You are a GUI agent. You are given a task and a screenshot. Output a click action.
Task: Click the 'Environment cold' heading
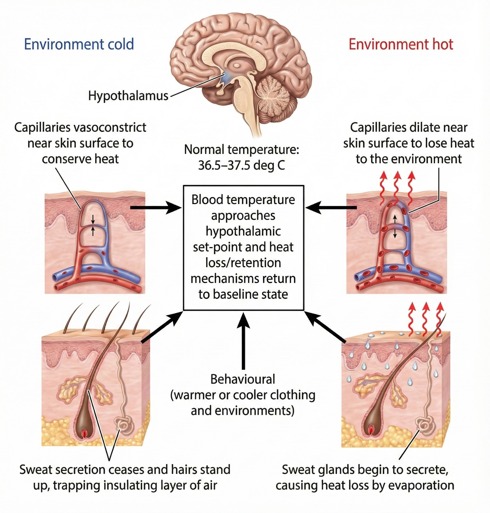point(79,44)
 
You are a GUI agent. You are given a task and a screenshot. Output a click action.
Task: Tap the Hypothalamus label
point(128,96)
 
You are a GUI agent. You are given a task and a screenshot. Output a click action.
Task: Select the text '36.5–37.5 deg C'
point(241,165)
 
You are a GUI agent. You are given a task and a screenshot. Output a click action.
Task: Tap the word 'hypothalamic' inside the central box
point(243,231)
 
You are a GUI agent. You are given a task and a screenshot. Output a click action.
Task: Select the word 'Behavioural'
point(243,379)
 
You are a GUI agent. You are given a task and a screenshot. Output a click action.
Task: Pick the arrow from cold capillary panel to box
point(156,207)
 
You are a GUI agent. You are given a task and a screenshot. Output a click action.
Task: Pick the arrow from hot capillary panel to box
point(331,207)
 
